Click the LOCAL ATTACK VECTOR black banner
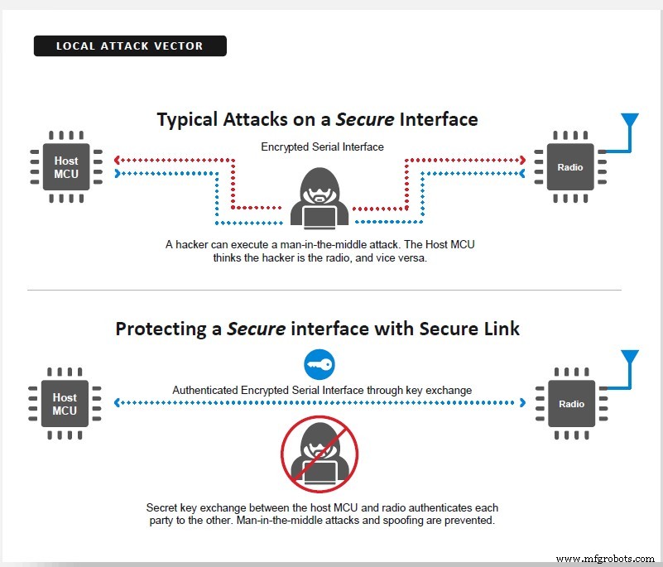tap(130, 46)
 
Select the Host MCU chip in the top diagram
tap(65, 166)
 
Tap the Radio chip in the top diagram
tap(569, 166)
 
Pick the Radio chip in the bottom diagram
tap(569, 403)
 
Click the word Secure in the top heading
tap(364, 119)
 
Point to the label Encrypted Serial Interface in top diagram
tap(322, 147)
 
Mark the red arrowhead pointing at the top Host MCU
tap(118, 159)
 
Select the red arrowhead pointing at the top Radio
tap(523, 159)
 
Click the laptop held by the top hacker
tap(319, 215)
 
